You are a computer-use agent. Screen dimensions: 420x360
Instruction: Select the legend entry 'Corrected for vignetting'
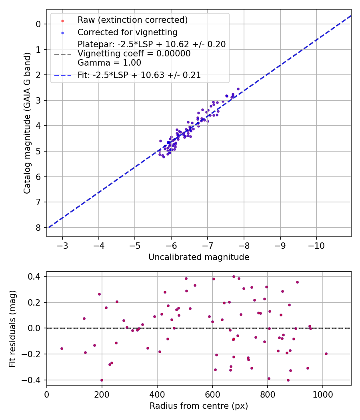click(x=128, y=32)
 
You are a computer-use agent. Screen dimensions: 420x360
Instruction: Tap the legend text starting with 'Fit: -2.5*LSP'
click(x=139, y=75)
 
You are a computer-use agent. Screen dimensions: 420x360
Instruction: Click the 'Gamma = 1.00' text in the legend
click(x=109, y=63)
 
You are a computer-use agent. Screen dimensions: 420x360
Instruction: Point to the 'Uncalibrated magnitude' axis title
click(x=199, y=257)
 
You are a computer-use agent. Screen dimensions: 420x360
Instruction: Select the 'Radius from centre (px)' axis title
click(x=199, y=406)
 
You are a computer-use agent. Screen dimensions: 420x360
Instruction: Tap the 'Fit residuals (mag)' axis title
click(x=13, y=328)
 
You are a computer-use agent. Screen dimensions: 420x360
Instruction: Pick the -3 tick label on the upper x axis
click(x=62, y=245)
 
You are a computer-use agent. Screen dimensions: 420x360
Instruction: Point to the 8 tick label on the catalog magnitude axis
click(x=38, y=228)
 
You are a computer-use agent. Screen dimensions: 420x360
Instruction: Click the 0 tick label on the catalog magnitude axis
click(x=38, y=24)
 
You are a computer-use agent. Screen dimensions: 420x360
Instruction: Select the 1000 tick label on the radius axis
click(x=322, y=394)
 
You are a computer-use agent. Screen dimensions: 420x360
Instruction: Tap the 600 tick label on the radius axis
click(x=212, y=394)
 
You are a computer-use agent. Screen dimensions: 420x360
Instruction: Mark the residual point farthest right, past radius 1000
click(x=326, y=354)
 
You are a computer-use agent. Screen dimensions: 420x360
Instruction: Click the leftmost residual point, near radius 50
click(x=62, y=348)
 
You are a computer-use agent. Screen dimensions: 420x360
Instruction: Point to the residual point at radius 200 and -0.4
click(x=102, y=380)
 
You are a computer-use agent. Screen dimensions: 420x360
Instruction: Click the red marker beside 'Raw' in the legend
click(x=62, y=20)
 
